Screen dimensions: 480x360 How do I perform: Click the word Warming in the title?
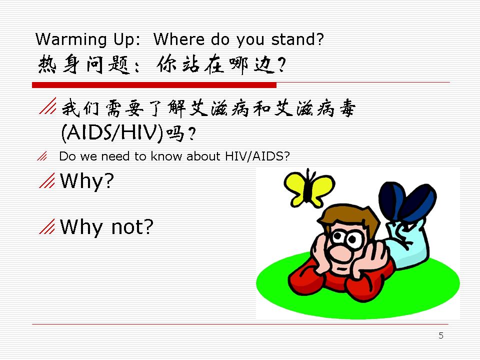tap(71, 39)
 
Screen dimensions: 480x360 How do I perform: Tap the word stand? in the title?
tap(297, 39)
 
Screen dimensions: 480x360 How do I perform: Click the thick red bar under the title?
tap(154, 85)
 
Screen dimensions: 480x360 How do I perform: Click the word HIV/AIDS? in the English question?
tap(257, 156)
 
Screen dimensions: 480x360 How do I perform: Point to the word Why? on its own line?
tap(87, 181)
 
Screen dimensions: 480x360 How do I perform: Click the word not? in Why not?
tap(132, 227)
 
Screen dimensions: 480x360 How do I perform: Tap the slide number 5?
tap(441, 335)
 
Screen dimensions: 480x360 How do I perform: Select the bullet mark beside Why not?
tap(47, 226)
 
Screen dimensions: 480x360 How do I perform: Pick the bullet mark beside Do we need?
tap(42, 156)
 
